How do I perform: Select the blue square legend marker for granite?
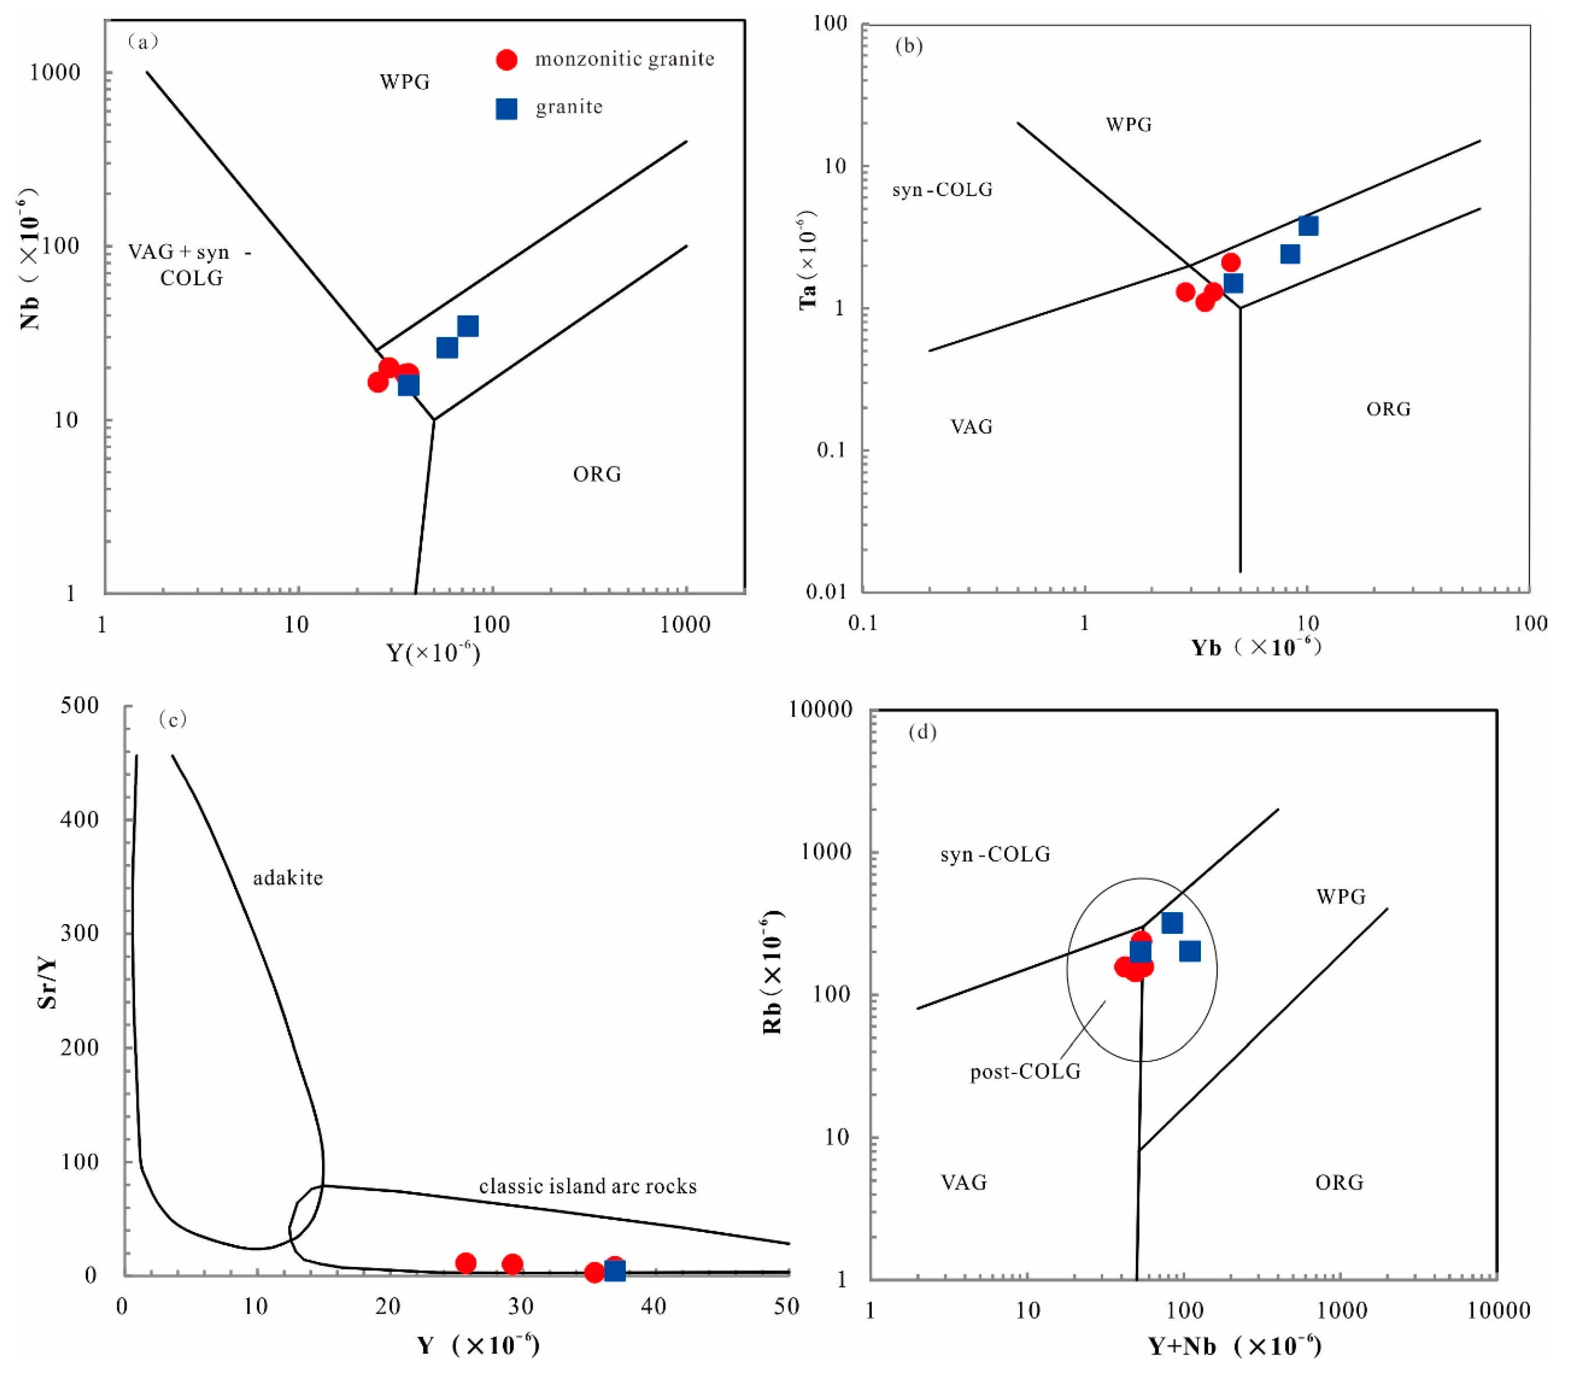pyautogui.click(x=506, y=108)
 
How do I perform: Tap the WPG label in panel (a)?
pyautogui.click(x=404, y=81)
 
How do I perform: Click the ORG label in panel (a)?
pyautogui.click(x=597, y=474)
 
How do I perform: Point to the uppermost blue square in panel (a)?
pyautogui.click(x=468, y=326)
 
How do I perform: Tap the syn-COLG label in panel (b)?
pyautogui.click(x=942, y=189)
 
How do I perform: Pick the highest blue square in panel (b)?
pyautogui.click(x=1307, y=225)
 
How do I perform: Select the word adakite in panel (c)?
pyautogui.click(x=288, y=877)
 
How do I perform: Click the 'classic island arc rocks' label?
pyautogui.click(x=587, y=1186)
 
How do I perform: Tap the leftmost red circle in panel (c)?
pyautogui.click(x=465, y=1262)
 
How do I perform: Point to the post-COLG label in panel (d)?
pyautogui.click(x=1025, y=1071)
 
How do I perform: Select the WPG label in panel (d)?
pyautogui.click(x=1341, y=896)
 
